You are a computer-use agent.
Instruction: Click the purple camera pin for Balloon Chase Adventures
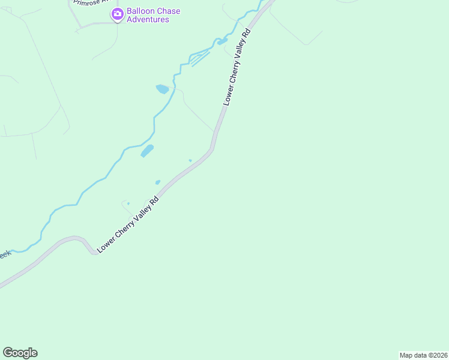[x=117, y=13]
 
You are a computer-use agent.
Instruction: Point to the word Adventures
[x=148, y=20]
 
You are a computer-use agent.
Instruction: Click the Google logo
[x=20, y=353]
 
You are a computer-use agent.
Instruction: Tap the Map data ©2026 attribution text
[x=424, y=355]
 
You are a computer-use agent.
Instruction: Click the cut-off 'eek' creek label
[x=5, y=254]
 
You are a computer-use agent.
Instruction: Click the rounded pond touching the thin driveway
[x=162, y=89]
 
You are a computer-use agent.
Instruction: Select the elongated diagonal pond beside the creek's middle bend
[x=147, y=151]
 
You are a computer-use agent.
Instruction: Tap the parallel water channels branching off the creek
[x=200, y=58]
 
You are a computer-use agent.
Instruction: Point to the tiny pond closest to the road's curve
[x=190, y=160]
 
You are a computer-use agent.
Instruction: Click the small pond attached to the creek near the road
[x=222, y=41]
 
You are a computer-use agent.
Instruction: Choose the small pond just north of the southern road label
[x=157, y=182]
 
